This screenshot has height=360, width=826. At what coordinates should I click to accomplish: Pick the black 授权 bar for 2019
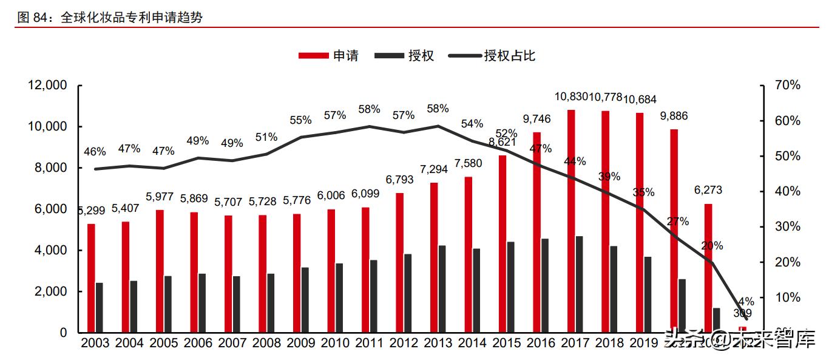(x=648, y=294)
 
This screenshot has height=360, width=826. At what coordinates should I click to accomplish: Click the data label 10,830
(x=571, y=97)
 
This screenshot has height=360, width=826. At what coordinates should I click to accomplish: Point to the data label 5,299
(x=91, y=211)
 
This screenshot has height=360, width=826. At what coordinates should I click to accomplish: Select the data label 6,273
(x=708, y=191)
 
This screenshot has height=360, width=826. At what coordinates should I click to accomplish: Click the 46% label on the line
(x=95, y=152)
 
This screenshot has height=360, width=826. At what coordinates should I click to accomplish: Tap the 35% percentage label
(x=643, y=192)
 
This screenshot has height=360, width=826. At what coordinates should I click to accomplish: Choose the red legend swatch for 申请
(x=314, y=56)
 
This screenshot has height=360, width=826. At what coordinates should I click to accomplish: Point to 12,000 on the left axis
(x=47, y=86)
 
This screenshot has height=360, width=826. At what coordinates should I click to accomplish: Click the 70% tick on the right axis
(x=788, y=86)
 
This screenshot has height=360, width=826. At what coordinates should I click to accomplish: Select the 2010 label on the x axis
(x=336, y=344)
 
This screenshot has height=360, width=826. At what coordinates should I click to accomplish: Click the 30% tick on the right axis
(x=788, y=227)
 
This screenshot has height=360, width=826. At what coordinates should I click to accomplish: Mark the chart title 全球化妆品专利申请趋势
(x=132, y=18)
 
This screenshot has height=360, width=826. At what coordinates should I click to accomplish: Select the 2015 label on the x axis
(x=508, y=344)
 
